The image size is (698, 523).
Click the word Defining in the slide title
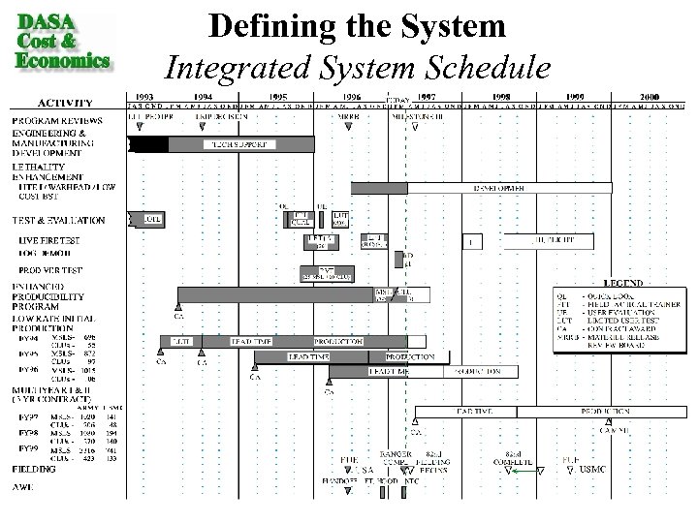263,26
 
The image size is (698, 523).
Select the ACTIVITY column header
65,102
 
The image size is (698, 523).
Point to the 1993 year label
144,96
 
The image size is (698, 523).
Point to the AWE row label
25,487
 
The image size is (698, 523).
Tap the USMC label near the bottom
591,471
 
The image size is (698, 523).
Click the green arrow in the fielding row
523,471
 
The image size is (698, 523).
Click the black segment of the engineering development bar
148,144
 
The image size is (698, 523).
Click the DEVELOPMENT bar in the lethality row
511,188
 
